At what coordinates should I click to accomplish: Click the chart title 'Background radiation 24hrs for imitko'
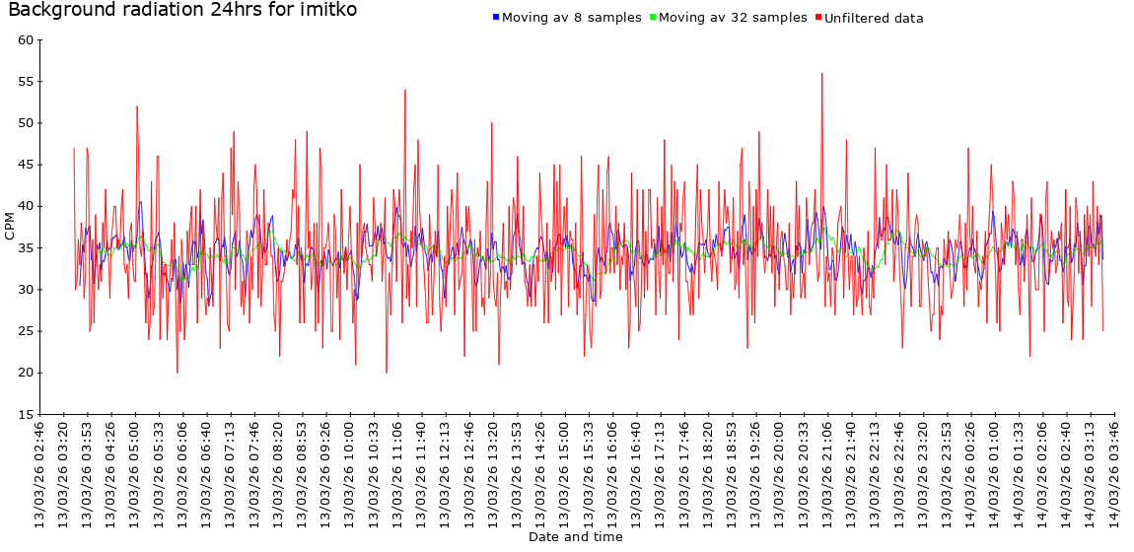click(x=182, y=11)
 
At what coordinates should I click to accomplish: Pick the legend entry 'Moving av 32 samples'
click(x=733, y=18)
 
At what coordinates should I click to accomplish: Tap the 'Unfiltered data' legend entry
click(x=874, y=18)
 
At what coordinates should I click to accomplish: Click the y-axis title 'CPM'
click(x=10, y=227)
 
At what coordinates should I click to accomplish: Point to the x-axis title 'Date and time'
click(x=575, y=537)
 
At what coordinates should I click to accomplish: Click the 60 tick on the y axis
click(x=26, y=40)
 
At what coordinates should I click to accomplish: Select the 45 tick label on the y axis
click(x=26, y=165)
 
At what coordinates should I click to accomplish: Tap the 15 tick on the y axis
click(x=26, y=414)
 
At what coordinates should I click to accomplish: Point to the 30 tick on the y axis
click(x=26, y=290)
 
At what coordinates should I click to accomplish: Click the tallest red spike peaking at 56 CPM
click(x=821, y=74)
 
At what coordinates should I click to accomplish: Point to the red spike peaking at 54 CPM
click(x=404, y=91)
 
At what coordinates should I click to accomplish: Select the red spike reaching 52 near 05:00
click(x=137, y=107)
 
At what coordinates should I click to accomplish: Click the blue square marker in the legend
click(x=496, y=18)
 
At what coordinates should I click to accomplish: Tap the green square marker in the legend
click(x=653, y=18)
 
